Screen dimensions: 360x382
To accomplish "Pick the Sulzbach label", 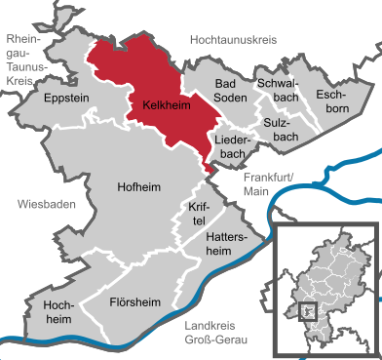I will tap(281, 130).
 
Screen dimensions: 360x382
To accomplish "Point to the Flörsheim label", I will tap(136, 301).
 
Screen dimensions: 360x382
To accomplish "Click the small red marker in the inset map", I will tap(308, 311).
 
